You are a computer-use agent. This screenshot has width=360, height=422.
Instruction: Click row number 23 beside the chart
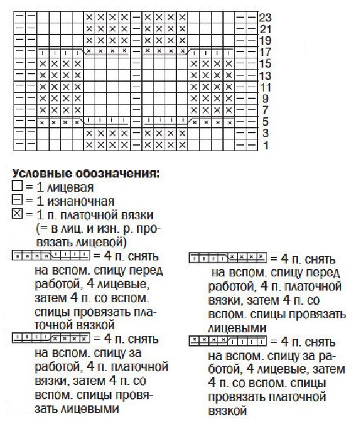(265, 17)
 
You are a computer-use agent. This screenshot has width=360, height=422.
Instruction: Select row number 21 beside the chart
(265, 28)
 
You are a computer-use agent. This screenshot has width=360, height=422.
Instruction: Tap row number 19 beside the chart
(265, 40)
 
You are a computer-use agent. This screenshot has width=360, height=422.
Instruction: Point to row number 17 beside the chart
(265, 52)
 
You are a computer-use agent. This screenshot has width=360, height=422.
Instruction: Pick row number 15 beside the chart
(265, 63)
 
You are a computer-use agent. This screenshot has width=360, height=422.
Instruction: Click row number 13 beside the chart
(265, 75)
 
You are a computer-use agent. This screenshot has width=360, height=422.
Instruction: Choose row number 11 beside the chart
(265, 87)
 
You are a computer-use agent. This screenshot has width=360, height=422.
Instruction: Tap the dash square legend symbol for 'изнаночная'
(17, 200)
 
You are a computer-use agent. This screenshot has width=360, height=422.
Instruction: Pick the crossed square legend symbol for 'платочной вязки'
(17, 214)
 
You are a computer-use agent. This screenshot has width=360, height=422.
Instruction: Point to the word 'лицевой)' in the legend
(103, 241)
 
